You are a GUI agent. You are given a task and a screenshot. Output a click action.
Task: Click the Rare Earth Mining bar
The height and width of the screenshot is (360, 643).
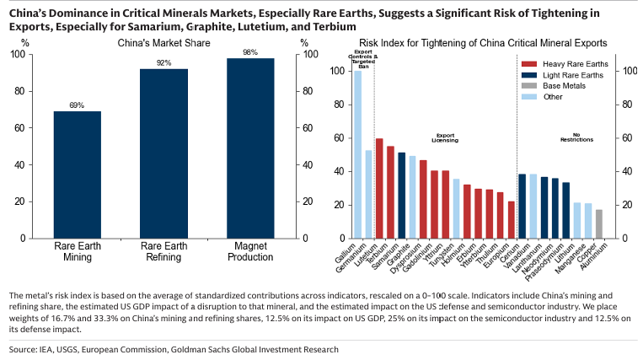click(78, 175)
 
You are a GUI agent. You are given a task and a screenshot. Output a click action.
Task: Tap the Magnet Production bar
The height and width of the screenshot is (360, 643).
click(250, 148)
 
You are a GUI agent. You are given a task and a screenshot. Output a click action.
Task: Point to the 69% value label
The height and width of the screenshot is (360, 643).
click(77, 105)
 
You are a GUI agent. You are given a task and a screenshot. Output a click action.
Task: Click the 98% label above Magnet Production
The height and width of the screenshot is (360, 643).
click(250, 52)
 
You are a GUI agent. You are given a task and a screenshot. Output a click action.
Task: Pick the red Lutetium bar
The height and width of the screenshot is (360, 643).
click(379, 188)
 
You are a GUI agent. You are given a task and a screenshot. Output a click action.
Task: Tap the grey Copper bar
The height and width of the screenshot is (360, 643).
click(599, 223)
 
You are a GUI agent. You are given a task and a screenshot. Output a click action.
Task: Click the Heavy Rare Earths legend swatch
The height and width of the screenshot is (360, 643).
click(528, 64)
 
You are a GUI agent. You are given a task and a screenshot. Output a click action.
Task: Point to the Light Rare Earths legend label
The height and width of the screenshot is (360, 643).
click(573, 75)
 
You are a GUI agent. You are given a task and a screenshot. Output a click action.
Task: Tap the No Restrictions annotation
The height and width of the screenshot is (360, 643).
click(576, 137)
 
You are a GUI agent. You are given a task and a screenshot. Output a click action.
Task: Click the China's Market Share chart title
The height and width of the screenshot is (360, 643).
click(163, 42)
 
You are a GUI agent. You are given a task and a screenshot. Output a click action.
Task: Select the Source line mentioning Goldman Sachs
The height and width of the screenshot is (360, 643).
click(174, 348)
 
